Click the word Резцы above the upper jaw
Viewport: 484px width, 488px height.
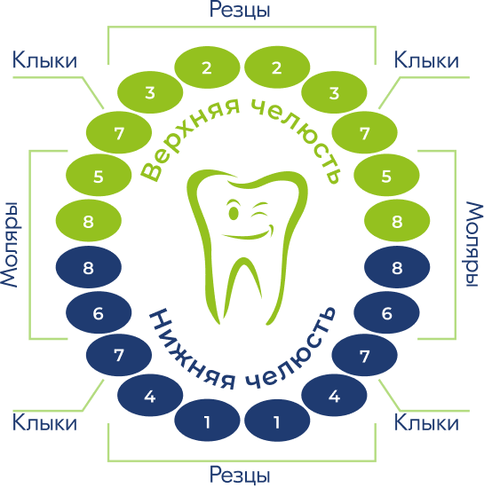click(x=240, y=11)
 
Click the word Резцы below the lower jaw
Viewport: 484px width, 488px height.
click(x=240, y=476)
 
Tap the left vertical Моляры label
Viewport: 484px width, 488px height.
click(x=10, y=245)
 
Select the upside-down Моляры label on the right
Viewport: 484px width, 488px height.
click(x=474, y=245)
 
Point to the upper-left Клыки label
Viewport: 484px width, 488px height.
click(x=44, y=60)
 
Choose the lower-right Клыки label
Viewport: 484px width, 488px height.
click(x=426, y=422)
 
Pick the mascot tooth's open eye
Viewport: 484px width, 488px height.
click(x=234, y=214)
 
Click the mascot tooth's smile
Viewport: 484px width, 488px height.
click(x=250, y=233)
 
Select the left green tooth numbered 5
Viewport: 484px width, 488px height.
click(x=99, y=175)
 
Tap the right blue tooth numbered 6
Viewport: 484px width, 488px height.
click(x=386, y=312)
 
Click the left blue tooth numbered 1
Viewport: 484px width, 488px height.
click(x=207, y=421)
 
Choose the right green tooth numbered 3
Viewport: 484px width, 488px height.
click(x=334, y=92)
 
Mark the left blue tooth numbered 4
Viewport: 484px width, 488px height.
click(x=150, y=395)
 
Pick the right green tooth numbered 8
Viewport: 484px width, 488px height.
click(x=397, y=220)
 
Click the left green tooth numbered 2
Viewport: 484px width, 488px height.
click(x=207, y=67)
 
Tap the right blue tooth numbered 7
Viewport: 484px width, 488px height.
click(x=364, y=355)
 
